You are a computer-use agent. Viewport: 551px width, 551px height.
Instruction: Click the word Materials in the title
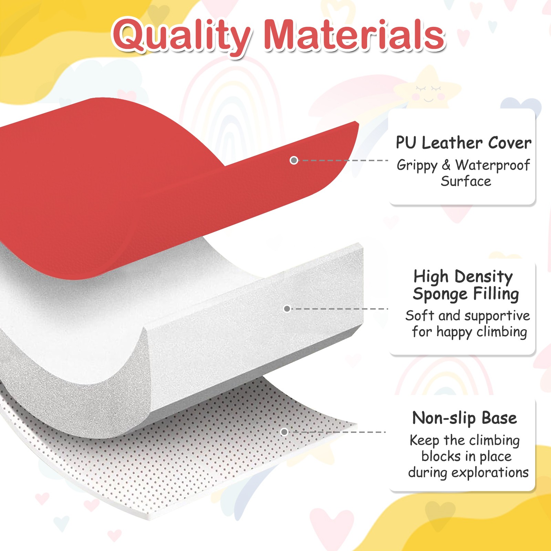(x=355, y=34)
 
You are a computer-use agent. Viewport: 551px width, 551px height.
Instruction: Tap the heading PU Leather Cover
(x=464, y=143)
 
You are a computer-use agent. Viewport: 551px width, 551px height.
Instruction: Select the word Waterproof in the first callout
(x=492, y=165)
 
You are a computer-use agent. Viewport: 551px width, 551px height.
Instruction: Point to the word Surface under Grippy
(x=466, y=181)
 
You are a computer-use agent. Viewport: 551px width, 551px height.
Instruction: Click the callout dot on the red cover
(x=294, y=160)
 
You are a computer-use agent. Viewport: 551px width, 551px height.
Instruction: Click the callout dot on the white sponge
(x=287, y=309)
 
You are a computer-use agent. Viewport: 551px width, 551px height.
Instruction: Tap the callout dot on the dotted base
(x=284, y=432)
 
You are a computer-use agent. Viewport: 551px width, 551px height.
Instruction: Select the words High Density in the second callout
(x=463, y=277)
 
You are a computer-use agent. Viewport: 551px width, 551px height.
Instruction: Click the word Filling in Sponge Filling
(x=496, y=294)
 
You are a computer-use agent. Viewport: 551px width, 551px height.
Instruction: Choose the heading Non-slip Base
(x=465, y=418)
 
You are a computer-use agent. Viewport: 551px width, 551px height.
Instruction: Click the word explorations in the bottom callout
(x=490, y=473)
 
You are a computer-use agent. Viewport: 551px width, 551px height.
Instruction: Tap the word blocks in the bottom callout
(x=441, y=456)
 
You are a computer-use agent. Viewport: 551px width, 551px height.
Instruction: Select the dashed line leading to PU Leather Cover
(x=343, y=160)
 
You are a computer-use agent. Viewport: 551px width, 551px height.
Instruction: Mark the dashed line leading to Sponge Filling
(x=340, y=309)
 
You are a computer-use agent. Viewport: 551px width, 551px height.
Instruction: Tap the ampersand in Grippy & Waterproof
(x=446, y=165)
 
